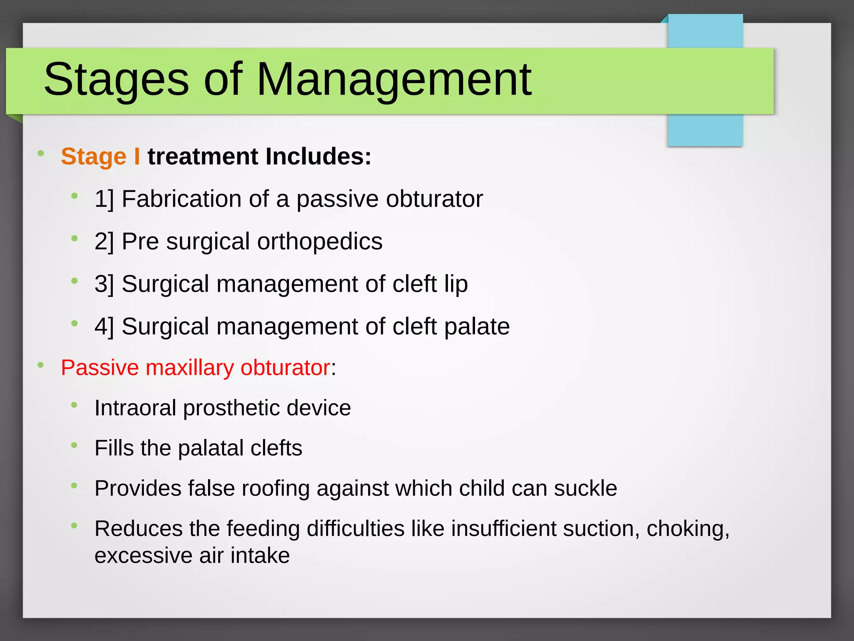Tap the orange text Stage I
100,156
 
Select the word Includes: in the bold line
318,156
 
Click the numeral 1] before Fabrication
104,199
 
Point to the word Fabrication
181,199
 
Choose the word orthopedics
319,242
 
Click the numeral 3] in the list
104,284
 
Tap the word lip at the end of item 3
456,284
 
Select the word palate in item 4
477,326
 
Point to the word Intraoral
135,408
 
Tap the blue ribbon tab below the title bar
705,130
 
